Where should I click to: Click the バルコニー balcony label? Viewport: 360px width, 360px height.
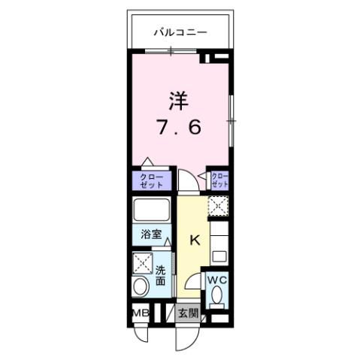180,32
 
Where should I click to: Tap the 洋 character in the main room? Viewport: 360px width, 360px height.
177,100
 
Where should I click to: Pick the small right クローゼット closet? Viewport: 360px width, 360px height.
219,180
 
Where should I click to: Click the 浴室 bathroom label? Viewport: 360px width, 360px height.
151,234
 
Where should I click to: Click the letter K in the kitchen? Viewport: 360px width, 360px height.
194,241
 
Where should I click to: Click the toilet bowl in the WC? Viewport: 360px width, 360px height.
216,299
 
